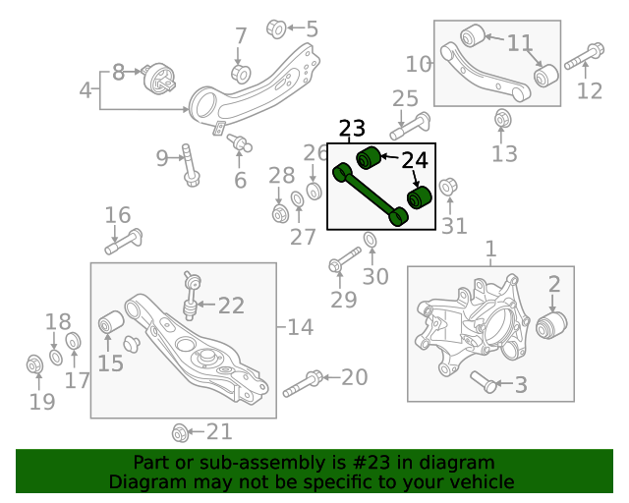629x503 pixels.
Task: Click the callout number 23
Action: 352,129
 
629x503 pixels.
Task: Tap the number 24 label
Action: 415,160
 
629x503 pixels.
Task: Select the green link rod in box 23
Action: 372,195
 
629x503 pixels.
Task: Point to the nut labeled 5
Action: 277,28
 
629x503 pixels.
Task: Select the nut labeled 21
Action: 180,432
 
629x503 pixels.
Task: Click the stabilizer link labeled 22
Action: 193,301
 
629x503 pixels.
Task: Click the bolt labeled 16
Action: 127,239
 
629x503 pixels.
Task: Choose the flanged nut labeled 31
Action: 447,186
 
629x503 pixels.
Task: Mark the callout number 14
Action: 299,327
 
